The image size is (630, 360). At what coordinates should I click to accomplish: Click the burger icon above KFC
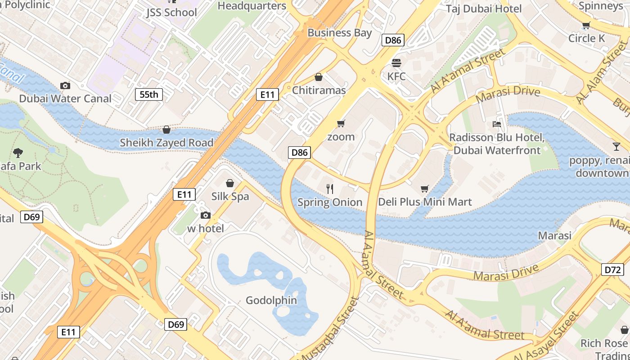396,63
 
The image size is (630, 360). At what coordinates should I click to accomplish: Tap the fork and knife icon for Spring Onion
330,189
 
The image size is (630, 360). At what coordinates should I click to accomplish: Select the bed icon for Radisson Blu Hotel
497,124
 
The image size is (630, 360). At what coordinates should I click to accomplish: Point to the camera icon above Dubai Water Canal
65,85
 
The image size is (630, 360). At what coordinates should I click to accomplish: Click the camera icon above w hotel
206,215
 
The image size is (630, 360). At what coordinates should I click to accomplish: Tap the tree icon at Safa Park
18,153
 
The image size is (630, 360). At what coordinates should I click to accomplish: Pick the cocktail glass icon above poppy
616,146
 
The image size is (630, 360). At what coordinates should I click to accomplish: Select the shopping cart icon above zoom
341,123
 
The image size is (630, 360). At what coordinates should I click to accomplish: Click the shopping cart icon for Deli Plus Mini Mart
424,189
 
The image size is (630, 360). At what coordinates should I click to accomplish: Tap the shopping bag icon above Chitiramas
319,77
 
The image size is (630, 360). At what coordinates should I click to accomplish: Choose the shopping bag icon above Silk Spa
230,183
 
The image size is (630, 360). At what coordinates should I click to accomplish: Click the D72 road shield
612,270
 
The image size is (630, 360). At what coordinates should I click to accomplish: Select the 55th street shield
149,94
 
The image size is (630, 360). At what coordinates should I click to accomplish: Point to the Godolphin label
271,300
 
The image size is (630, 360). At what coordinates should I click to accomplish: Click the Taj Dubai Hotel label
484,9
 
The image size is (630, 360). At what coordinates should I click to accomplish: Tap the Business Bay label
340,32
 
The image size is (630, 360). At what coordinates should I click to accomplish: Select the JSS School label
171,12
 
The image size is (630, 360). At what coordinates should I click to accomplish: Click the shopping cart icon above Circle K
586,26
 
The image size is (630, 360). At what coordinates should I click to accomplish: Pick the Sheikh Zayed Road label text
166,143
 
